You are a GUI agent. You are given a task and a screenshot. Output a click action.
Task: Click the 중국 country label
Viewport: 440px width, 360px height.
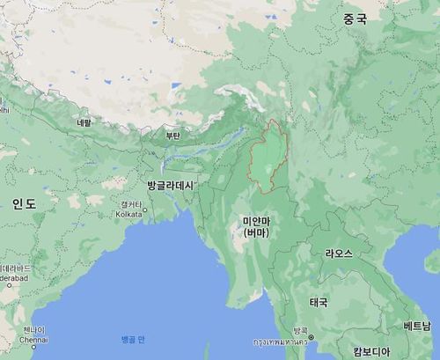click(355, 18)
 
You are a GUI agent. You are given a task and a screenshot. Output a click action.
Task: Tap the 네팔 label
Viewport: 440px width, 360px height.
click(84, 122)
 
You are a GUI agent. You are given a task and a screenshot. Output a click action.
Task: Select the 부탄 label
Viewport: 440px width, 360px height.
click(172, 136)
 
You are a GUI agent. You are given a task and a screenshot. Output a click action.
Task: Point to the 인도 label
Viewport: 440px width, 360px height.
click(24, 203)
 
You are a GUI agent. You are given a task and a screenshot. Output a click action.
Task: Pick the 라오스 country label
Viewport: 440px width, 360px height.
click(339, 253)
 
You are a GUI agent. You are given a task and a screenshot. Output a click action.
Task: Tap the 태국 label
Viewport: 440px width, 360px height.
click(318, 302)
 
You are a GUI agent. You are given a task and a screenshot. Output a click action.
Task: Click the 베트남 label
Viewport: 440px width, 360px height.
click(417, 327)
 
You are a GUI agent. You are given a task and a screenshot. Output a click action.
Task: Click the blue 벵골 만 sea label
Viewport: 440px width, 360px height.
click(135, 339)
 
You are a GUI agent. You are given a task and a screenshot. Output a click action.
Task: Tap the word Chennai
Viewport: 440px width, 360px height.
click(33, 339)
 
